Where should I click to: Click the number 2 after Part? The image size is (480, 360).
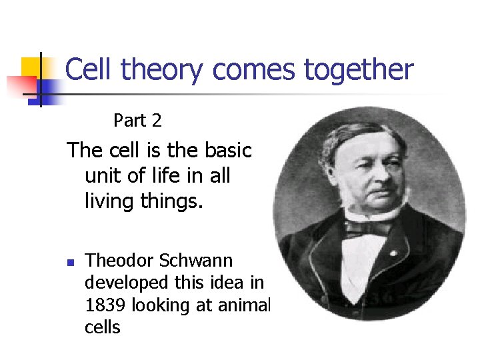[157, 121]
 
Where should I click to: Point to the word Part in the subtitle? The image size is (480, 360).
[129, 121]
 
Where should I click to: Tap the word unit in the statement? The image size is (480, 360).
[103, 176]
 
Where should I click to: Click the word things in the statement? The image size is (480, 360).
[171, 201]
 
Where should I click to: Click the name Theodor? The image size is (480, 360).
[117, 260]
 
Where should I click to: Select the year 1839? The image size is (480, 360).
[105, 305]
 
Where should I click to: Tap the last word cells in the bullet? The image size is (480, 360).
[103, 327]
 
